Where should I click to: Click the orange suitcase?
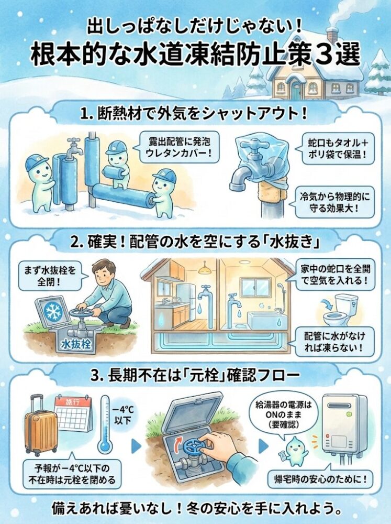40,427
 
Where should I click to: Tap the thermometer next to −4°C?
104,424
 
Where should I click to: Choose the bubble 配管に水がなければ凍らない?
334,341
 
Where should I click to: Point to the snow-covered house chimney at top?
332,36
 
